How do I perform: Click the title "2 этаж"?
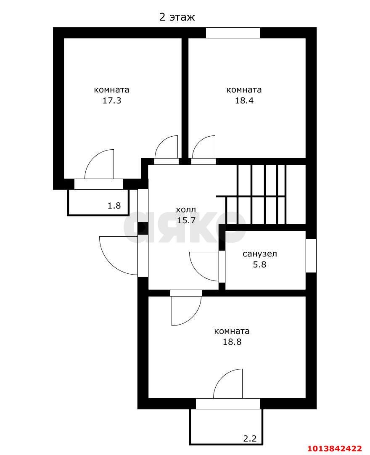pyautogui.click(x=177, y=17)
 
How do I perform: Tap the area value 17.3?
pyautogui.click(x=112, y=101)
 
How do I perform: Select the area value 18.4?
pyautogui.click(x=244, y=101)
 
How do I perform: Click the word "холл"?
pyautogui.click(x=186, y=209)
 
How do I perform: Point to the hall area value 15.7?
pyautogui.click(x=186, y=220)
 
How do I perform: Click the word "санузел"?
pyautogui.click(x=260, y=254)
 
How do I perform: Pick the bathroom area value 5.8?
pyautogui.click(x=259, y=265)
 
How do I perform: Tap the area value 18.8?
pyautogui.click(x=232, y=342)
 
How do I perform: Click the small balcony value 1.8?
pyautogui.click(x=114, y=206)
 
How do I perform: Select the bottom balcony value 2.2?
pyautogui.click(x=250, y=439)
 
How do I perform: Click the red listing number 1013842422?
pyautogui.click(x=335, y=449)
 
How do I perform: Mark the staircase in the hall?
pyautogui.click(x=261, y=194)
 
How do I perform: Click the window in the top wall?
pyautogui.click(x=233, y=33)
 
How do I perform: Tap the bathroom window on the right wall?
pyautogui.click(x=311, y=255)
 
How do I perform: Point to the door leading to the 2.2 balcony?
pyautogui.click(x=228, y=404)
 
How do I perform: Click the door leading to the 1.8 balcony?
pyautogui.click(x=99, y=184)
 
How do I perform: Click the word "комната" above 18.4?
pyautogui.click(x=244, y=90)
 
